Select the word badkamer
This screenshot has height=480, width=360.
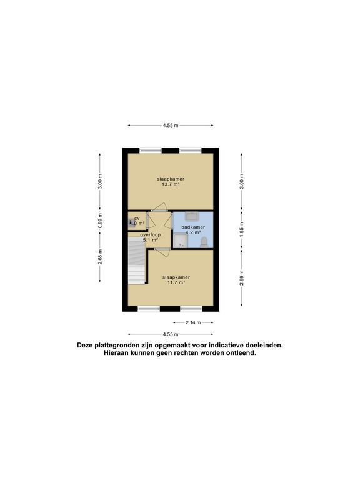pyautogui.click(x=193, y=227)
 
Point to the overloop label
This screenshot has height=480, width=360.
pyautogui.click(x=151, y=234)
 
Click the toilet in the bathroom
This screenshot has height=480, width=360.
pyautogui.click(x=204, y=242)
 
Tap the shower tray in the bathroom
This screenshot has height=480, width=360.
pyautogui.click(x=181, y=242)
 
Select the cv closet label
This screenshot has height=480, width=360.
pyautogui.click(x=137, y=218)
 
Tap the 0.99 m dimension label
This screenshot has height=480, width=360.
pyautogui.click(x=100, y=223)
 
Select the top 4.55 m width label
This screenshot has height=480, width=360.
pyautogui.click(x=171, y=126)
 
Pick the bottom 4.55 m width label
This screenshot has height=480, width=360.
pyautogui.click(x=171, y=334)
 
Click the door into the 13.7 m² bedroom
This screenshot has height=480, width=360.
pyautogui.click(x=160, y=209)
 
